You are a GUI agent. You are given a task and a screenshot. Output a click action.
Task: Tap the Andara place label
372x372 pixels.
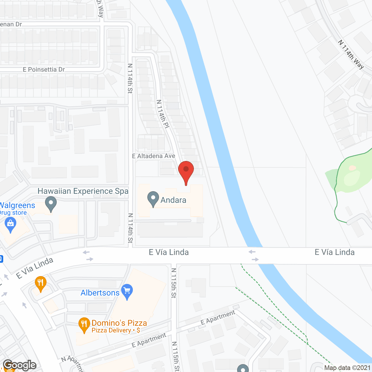(x=173, y=200)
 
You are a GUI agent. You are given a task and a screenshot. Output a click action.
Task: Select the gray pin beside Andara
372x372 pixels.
(x=153, y=198)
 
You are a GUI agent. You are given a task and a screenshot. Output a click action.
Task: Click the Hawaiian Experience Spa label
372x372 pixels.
(x=83, y=191)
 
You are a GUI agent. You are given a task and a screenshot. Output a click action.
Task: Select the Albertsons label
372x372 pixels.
(x=100, y=293)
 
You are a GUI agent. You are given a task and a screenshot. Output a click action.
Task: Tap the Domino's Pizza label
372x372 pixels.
(x=119, y=323)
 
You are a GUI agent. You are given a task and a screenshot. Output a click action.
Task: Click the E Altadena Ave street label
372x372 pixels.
(x=153, y=156)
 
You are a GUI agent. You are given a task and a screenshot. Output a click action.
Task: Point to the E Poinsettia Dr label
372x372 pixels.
(x=44, y=69)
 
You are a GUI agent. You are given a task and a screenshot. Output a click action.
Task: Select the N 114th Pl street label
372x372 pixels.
(x=163, y=114)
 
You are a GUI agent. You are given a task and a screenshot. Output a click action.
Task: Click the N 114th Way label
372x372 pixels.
(x=351, y=54)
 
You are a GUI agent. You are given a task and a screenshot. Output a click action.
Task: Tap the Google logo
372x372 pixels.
(x=19, y=365)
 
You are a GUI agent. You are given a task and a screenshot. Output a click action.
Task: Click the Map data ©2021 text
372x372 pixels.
(x=347, y=368)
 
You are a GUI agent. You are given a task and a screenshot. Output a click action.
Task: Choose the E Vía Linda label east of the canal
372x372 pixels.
(x=335, y=252)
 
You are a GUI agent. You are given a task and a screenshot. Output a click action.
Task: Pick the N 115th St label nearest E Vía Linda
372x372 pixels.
(x=174, y=283)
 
